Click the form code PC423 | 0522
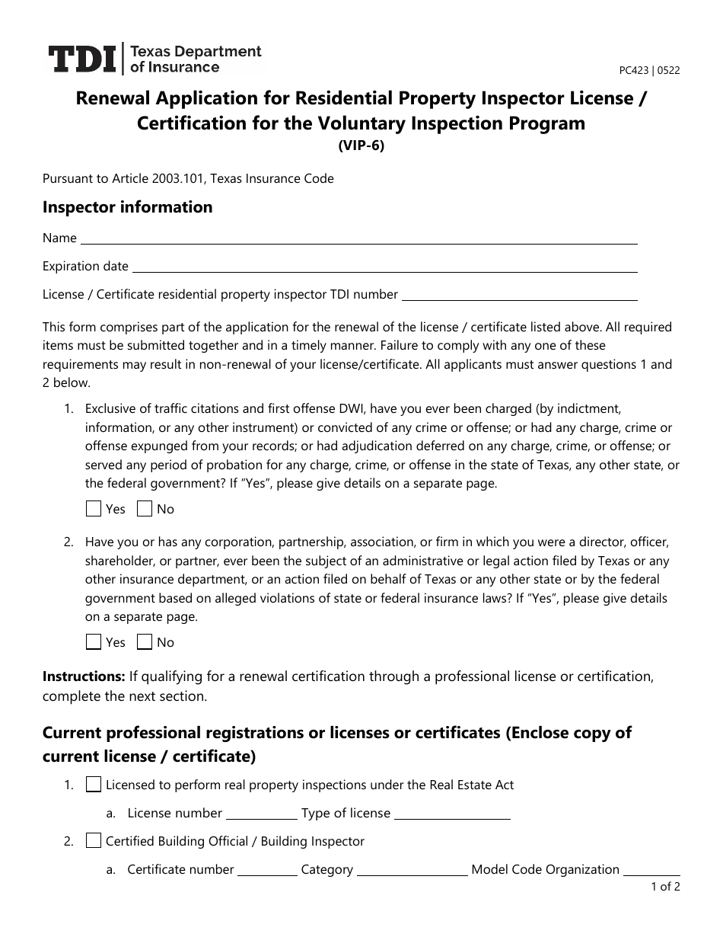649,70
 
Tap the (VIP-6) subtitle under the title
361,147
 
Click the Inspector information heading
127,207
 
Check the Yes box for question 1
94,509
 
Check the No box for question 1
145,509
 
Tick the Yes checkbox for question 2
94,642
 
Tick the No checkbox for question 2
145,642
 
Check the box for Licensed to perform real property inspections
94,785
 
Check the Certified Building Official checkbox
94,841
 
